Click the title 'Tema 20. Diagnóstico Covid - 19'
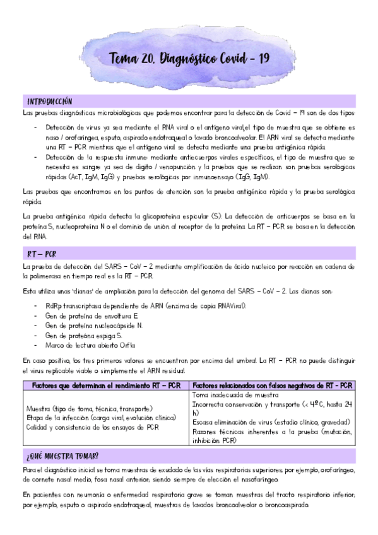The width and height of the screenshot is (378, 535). tap(189, 59)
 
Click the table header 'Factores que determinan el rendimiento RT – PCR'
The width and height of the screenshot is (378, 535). tap(105, 385)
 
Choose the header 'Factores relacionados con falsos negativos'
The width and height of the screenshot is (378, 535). tap(272, 385)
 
